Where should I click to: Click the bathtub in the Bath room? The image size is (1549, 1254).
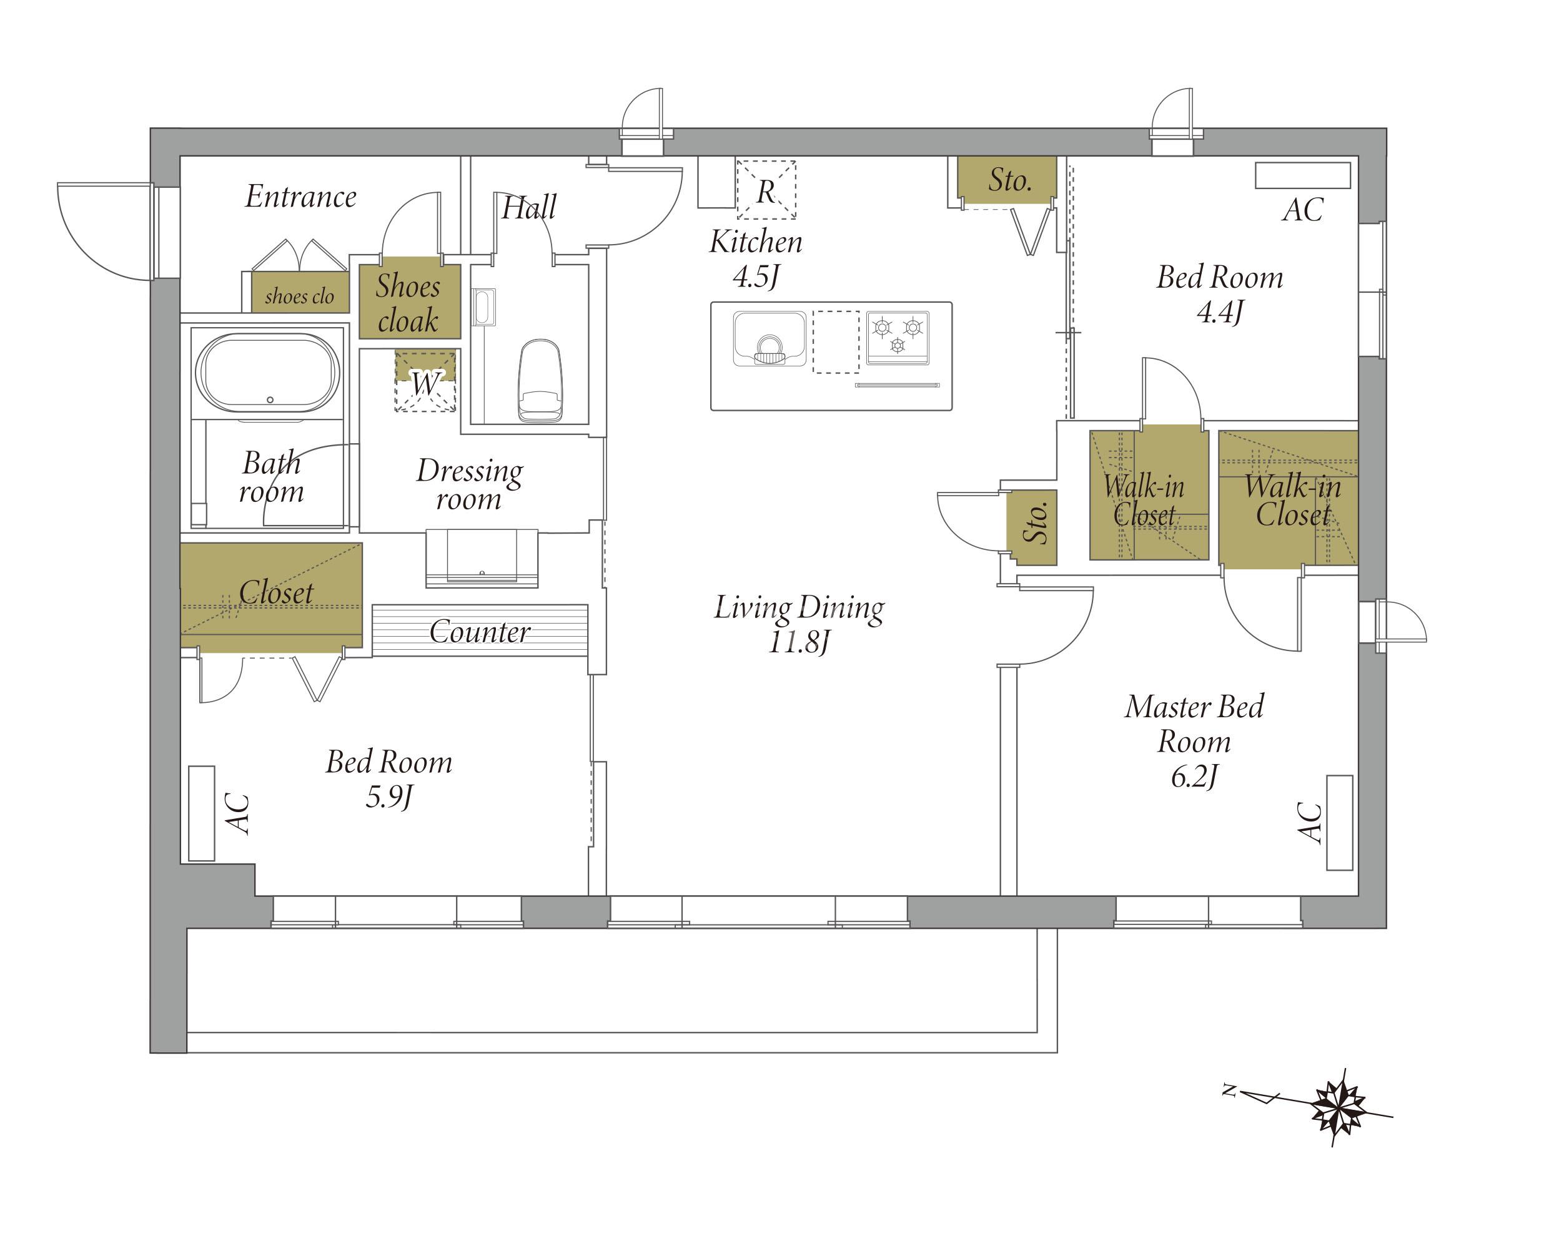pos(267,373)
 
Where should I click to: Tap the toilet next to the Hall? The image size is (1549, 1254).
pos(539,380)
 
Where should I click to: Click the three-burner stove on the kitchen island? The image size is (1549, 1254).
pos(898,337)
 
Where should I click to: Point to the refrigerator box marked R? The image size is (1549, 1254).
pos(766,189)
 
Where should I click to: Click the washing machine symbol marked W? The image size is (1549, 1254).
pos(425,381)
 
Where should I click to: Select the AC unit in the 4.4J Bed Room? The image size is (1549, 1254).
pos(1302,175)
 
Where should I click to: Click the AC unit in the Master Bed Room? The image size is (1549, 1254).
pos(1339,823)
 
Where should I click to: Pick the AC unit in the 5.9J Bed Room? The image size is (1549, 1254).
pos(202,813)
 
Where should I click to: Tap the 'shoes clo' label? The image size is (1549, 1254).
pos(299,296)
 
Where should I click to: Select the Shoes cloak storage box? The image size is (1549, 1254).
pos(410,302)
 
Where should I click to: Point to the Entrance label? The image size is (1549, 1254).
pos(300,197)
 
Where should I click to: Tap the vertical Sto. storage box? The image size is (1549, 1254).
pos(1032,527)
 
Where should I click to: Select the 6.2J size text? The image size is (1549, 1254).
pos(1194,776)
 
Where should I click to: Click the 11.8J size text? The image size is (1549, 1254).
pos(799,642)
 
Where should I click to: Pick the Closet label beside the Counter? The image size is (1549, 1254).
pos(276,592)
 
